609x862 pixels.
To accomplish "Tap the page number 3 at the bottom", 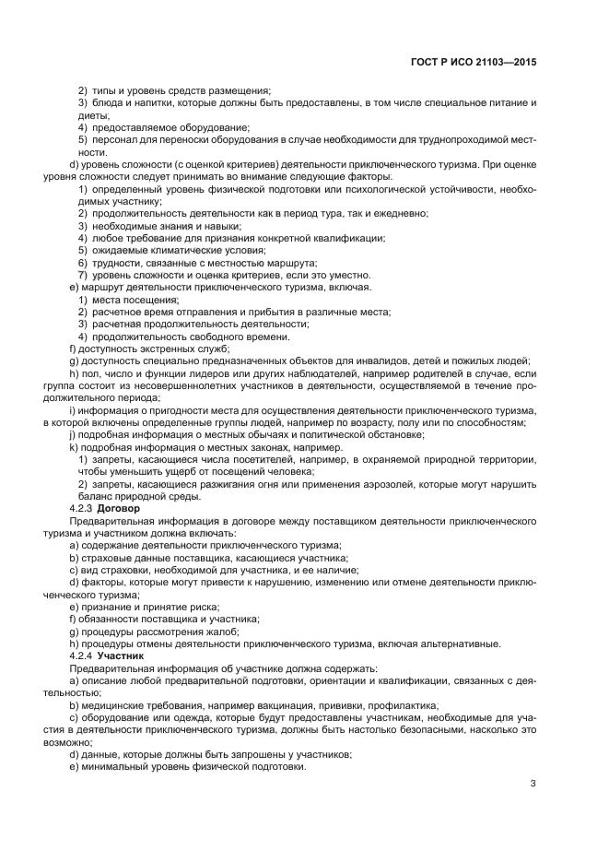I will (x=533, y=785).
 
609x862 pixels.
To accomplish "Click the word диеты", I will (x=93, y=114).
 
